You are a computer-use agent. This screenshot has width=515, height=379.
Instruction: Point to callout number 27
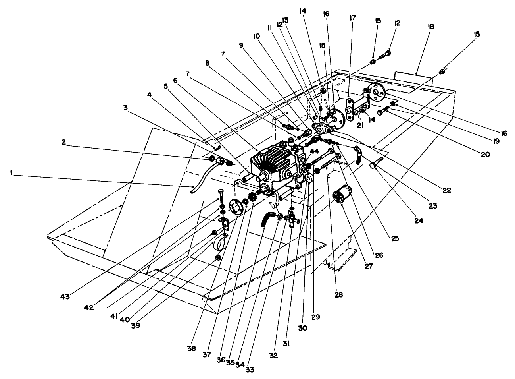369,266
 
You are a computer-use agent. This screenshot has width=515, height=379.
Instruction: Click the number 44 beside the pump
314,151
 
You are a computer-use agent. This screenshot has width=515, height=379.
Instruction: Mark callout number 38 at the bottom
192,348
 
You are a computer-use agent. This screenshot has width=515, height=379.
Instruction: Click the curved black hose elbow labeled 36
267,219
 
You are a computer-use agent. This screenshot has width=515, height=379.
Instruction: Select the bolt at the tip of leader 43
221,195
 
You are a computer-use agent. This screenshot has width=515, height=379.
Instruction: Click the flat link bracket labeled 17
351,108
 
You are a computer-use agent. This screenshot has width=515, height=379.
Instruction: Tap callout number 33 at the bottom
249,369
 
